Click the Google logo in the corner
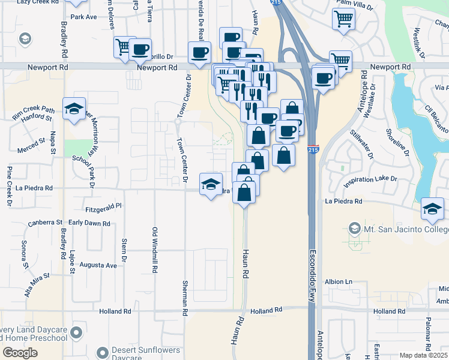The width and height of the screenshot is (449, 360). pyautogui.click(x=20, y=353)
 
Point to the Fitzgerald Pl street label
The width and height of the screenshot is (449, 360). pyautogui.click(x=104, y=205)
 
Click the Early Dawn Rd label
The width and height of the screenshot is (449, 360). pyautogui.click(x=89, y=223)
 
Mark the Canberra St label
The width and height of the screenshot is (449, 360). pyautogui.click(x=45, y=222)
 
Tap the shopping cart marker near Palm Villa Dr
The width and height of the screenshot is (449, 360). pyautogui.click(x=343, y=19)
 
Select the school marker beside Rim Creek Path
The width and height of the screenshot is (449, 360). pyautogui.click(x=74, y=109)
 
